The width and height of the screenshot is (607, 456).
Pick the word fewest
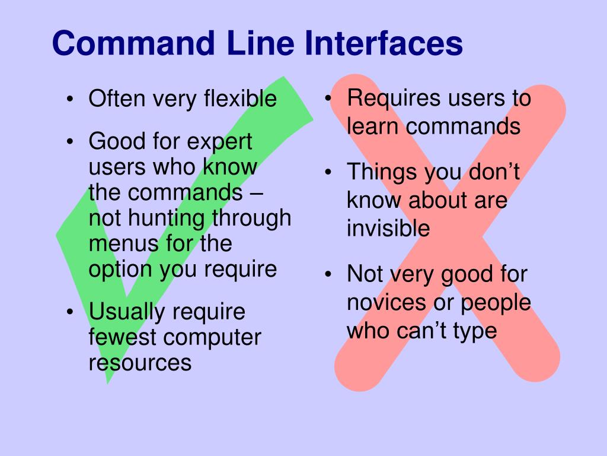(x=123, y=337)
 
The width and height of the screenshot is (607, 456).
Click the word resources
(x=140, y=362)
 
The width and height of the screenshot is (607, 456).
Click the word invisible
(x=388, y=229)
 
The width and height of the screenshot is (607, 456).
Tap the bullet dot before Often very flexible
(x=70, y=100)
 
